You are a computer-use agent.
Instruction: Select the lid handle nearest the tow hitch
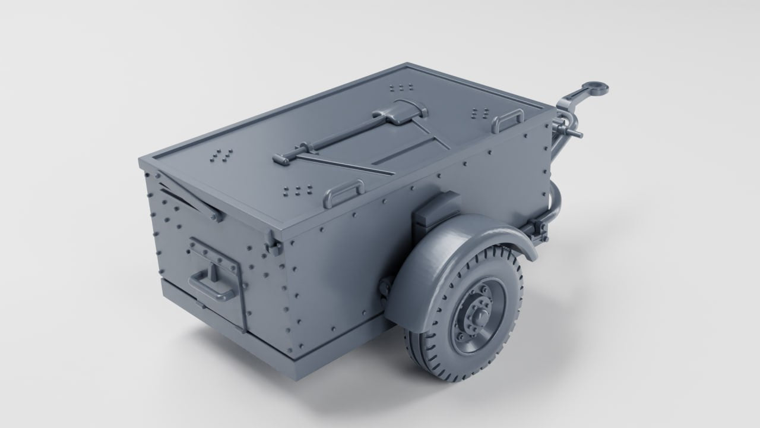pos(506,122)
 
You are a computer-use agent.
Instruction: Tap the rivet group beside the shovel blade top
pos(401,88)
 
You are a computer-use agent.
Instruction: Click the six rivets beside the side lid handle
pos(298,190)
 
